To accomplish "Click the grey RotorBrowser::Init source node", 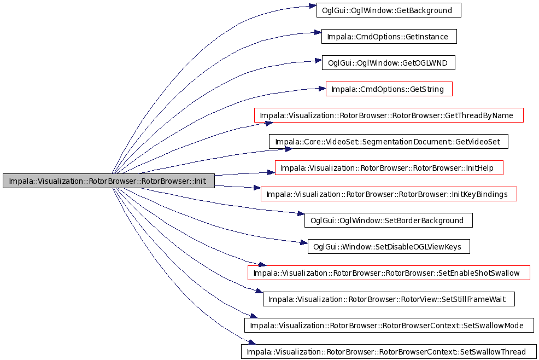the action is [109, 181].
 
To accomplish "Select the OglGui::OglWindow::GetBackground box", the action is [389, 10].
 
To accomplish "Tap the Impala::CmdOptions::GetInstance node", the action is [389, 37].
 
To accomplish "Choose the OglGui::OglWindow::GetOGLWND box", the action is [389, 62].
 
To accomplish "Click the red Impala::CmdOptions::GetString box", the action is [389, 89].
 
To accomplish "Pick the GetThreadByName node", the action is [389, 115].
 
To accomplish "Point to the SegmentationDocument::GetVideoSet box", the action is [389, 142].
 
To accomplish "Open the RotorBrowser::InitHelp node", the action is [389, 168].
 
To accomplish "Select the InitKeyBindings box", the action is [389, 194].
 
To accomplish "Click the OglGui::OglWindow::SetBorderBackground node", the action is [389, 220].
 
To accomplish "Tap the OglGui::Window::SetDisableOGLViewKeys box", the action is [389, 246].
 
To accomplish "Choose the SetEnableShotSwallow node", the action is [389, 273].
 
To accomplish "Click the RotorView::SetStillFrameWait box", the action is [389, 299].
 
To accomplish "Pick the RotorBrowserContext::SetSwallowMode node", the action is [389, 325].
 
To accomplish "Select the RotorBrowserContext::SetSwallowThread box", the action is [389, 352].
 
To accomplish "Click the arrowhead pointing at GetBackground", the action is [313, 6].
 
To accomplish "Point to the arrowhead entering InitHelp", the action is [271, 172].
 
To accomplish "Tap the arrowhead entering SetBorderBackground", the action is [301, 214].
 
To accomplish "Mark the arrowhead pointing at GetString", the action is [322, 89].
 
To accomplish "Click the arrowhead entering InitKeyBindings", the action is [257, 188].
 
